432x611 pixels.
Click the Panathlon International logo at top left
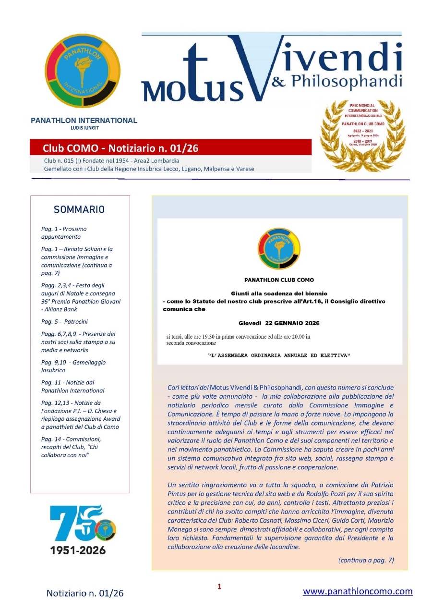pos(83,70)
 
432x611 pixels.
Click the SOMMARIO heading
pos(80,209)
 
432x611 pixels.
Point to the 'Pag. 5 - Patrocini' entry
pos(65,321)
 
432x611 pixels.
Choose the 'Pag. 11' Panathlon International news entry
pos(72,386)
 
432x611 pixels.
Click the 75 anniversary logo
pos(82,524)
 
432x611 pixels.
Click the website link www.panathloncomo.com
pos(358,591)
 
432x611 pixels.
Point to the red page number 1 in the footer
pos(219,587)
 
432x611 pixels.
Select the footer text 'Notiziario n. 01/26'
pos(85,593)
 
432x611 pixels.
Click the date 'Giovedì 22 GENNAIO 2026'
pos(279,323)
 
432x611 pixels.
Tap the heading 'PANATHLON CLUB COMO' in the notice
pos(279,280)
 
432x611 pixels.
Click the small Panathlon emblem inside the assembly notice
pos(279,248)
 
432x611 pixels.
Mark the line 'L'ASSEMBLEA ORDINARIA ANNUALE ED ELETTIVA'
pos(279,355)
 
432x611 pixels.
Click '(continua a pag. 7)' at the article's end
pos(366,560)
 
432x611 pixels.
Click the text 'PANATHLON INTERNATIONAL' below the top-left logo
pos(84,121)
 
